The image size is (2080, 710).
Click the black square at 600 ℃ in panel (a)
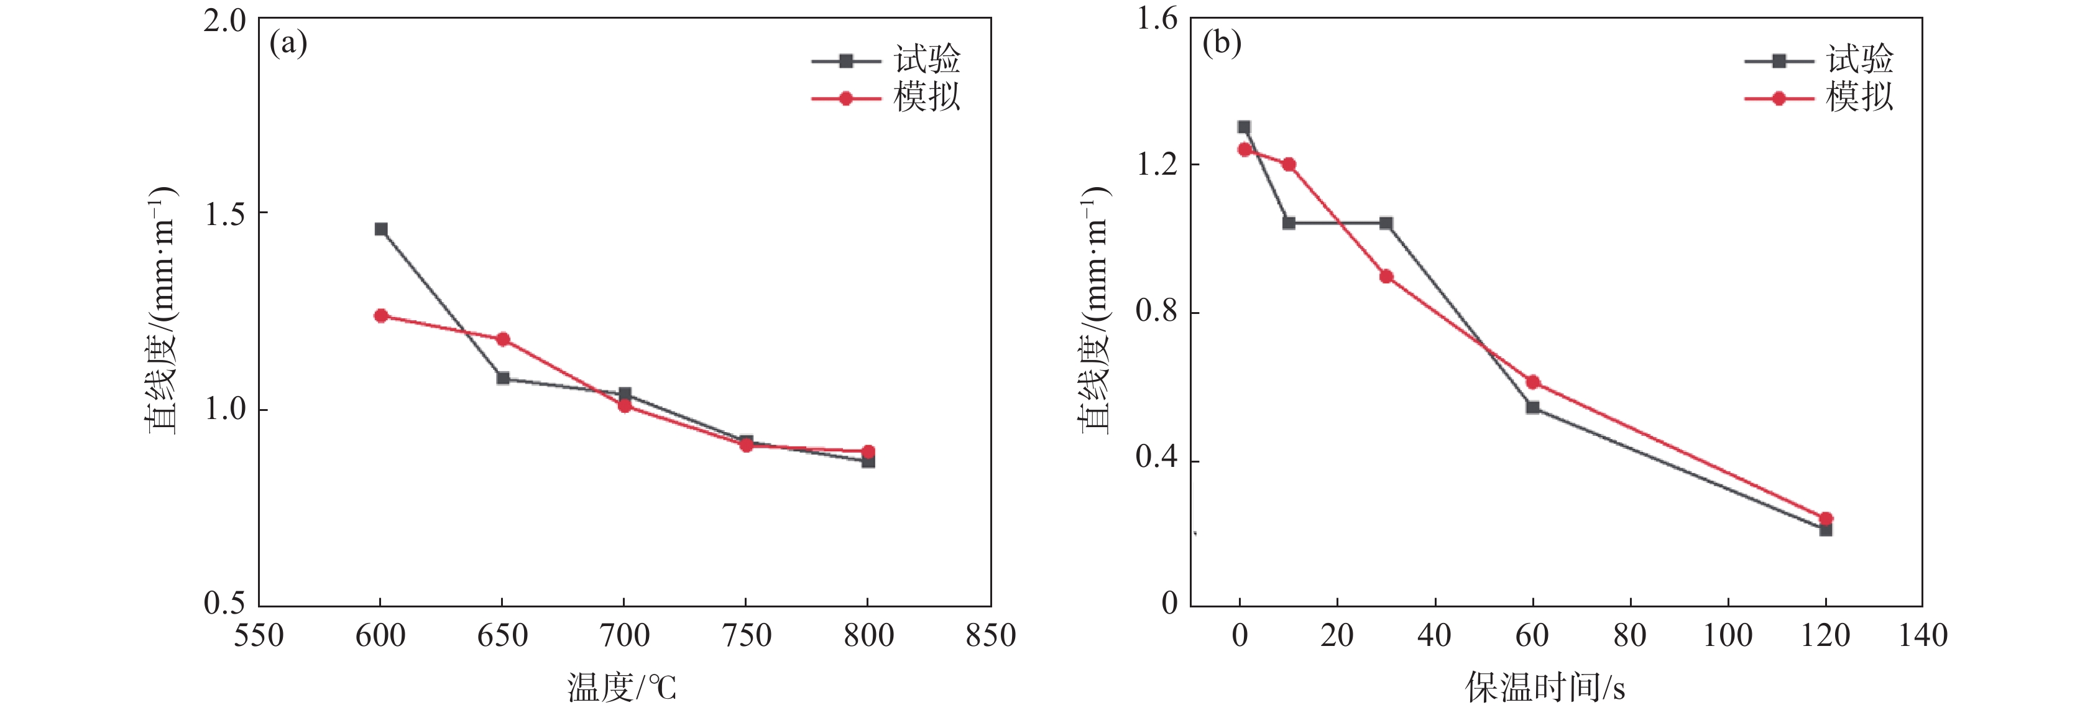381,229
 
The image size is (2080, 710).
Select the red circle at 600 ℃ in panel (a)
381,316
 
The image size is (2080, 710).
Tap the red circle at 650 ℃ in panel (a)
503,339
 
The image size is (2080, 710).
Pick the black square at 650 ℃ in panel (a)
503,378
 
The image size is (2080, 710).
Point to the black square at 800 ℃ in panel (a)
868,461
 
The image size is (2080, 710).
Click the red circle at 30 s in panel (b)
1386,276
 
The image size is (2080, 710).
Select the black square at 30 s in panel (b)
1386,224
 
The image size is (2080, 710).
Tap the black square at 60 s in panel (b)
1532,407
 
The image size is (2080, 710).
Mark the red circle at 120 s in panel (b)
1826,519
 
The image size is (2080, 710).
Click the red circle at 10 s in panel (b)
1289,165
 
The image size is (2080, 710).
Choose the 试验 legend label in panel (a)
927,60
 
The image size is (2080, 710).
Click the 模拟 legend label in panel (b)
1859,98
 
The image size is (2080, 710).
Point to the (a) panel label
288,43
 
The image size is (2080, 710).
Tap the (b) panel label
1222,43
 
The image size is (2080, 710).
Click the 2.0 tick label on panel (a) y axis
224,20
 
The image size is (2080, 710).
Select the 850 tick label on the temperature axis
991,635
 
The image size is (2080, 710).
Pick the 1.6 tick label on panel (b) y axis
1156,18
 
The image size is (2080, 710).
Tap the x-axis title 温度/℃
622,688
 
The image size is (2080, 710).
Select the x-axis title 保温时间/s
1545,688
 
